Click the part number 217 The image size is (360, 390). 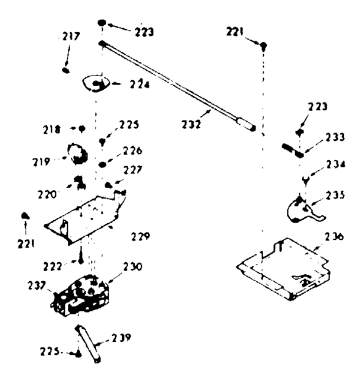(x=70, y=37)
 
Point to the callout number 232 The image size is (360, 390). (x=192, y=125)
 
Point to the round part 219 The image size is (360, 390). (x=77, y=154)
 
